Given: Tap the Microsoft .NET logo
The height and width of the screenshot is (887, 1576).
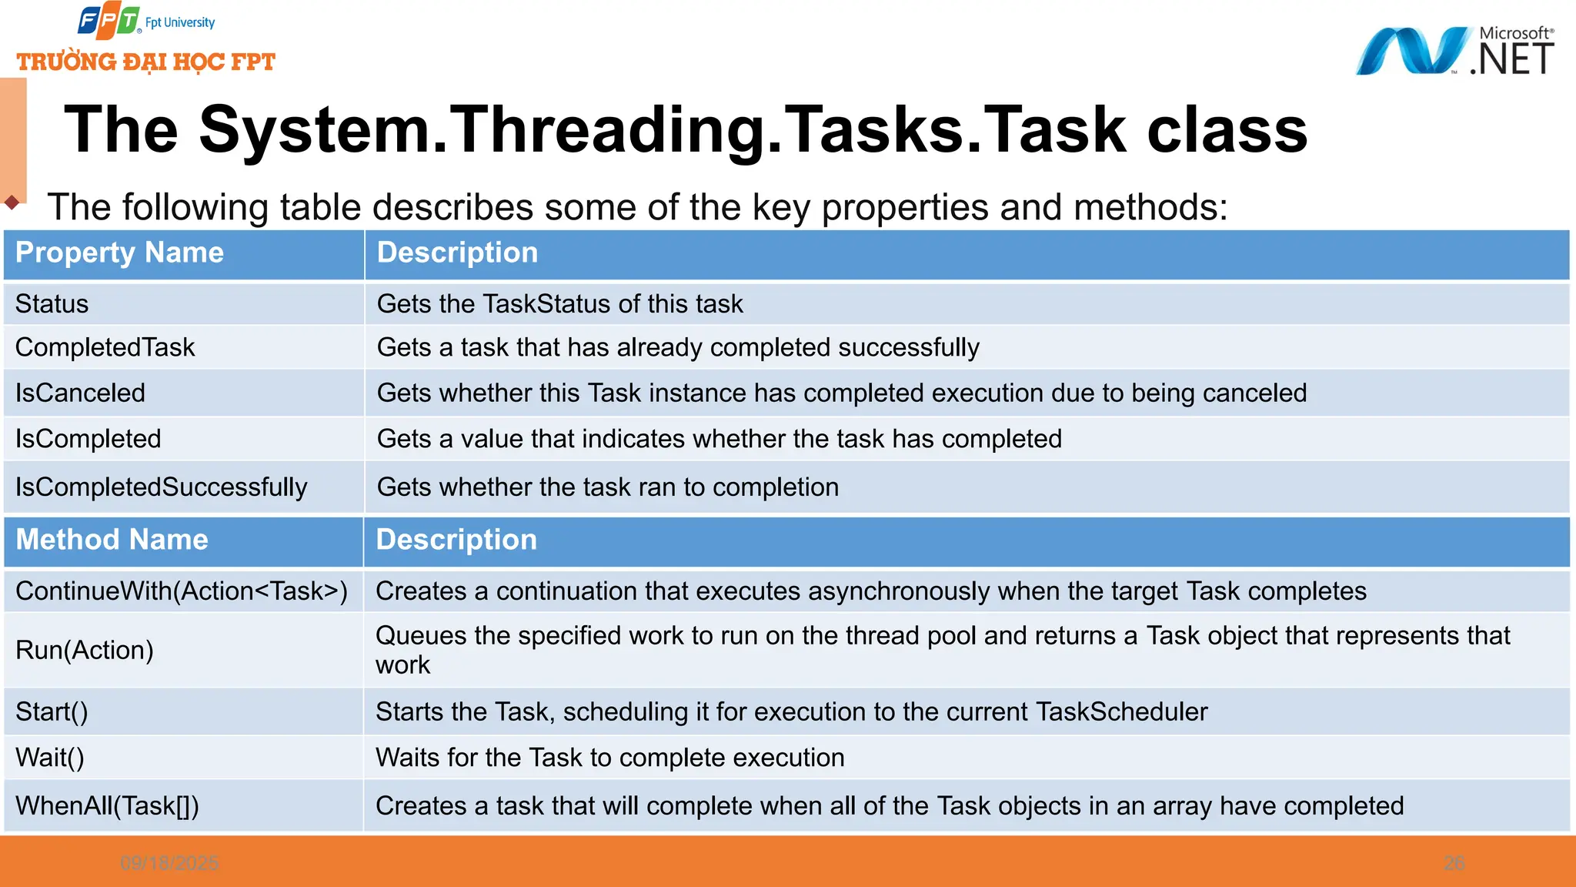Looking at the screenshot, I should click(1454, 51).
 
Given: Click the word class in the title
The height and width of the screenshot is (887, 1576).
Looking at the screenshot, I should click(1227, 129).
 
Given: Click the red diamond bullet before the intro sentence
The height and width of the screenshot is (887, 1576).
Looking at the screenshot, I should click(12, 203).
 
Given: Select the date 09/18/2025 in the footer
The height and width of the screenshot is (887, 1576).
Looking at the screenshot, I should click(169, 863).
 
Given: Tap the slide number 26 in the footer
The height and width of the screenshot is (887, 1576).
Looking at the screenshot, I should click(1454, 863).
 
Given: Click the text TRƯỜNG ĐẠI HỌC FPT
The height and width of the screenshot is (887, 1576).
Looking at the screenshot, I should click(145, 62).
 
